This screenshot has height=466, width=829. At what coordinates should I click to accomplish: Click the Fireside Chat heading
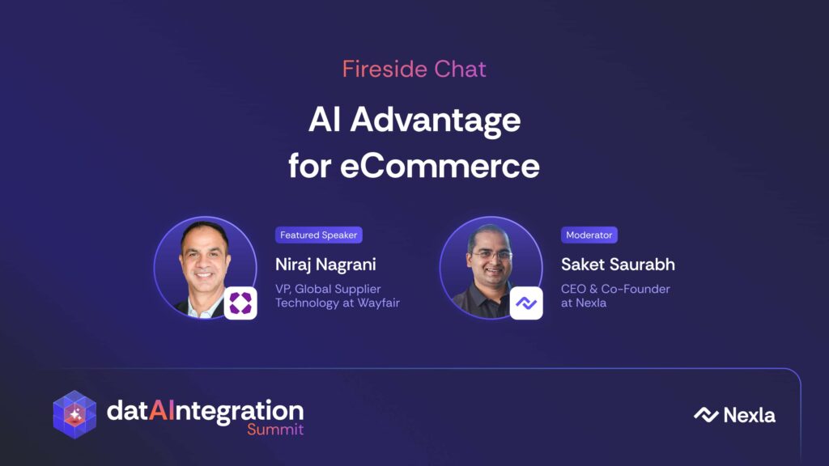point(414,70)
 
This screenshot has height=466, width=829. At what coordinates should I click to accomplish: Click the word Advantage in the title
point(435,121)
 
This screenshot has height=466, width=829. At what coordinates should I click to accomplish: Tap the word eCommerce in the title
point(440,166)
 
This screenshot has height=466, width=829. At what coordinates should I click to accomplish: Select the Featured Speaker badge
point(319,235)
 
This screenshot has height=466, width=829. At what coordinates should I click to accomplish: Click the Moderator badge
point(589,235)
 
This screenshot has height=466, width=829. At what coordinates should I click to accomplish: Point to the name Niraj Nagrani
point(325,265)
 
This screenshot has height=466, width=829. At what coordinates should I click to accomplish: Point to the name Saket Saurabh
point(618,265)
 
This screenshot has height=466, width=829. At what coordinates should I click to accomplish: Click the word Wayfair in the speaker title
point(379,303)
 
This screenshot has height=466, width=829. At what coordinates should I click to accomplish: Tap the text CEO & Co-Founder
point(615,289)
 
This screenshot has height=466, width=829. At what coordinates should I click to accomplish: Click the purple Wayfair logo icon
point(240,303)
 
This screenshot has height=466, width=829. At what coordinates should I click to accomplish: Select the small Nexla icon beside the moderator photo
point(526,303)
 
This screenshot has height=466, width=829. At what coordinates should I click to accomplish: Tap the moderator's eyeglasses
point(491,255)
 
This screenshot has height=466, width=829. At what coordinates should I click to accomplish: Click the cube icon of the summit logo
point(74,415)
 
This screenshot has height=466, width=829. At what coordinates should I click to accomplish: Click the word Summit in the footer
point(275,429)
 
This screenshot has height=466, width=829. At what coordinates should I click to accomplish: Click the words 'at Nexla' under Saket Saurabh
point(584,303)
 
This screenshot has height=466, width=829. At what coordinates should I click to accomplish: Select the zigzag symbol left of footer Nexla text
point(706,415)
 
